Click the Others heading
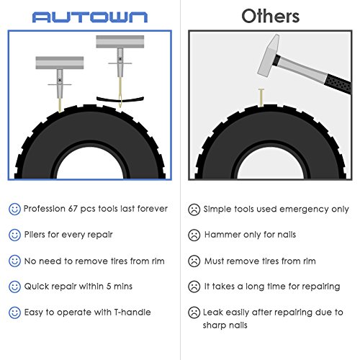point(270,16)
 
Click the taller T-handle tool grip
point(115,42)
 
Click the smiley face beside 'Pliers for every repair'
point(14,235)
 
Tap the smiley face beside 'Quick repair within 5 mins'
point(14,287)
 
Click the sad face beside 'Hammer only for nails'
point(194,235)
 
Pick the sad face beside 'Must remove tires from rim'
point(194,261)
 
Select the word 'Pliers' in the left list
point(37,235)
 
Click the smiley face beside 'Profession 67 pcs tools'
point(14,209)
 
